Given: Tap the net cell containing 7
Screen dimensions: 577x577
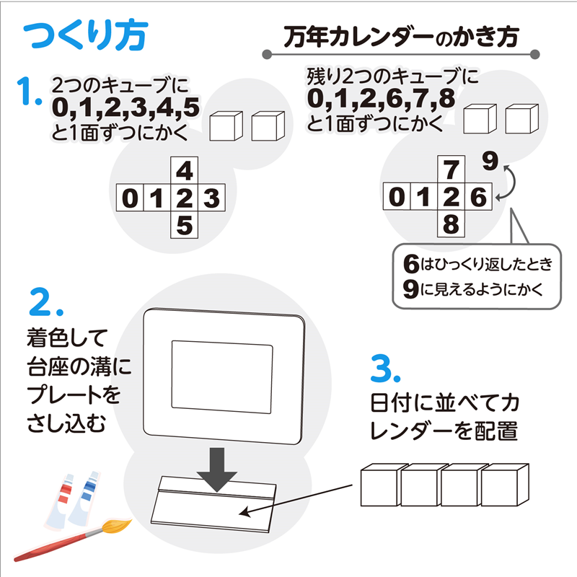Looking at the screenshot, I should point(452,170).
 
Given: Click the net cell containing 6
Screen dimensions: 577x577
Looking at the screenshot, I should point(478,197).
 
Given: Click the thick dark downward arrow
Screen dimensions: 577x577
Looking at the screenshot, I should point(217,468).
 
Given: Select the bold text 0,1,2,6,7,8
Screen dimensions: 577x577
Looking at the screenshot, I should point(381,99).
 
